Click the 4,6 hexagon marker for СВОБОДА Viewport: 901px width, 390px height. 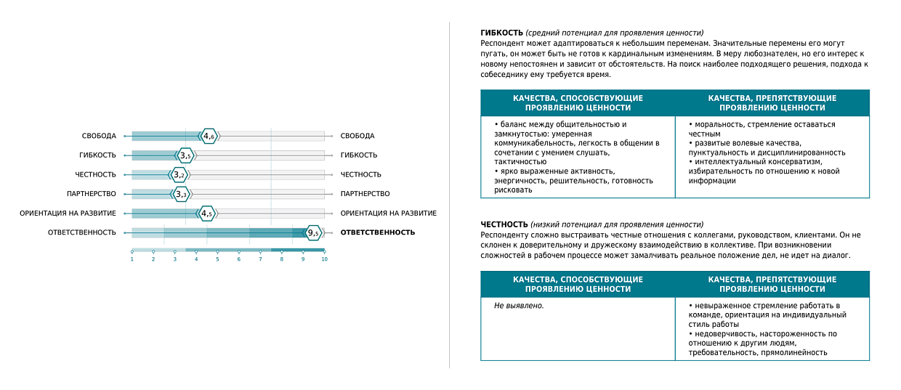click(209, 136)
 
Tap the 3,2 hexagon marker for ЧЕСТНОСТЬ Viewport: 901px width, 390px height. click(179, 174)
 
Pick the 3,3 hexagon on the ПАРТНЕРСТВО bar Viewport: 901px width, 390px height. click(181, 194)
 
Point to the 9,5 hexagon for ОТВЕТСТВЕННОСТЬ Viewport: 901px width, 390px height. click(313, 232)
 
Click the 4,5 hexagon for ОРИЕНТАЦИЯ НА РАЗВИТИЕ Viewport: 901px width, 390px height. click(208, 214)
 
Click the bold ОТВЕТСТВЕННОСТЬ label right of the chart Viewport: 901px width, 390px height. click(378, 232)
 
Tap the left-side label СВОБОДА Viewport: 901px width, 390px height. click(99, 136)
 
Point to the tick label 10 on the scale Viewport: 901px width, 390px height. click(324, 259)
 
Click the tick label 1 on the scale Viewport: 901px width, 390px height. click(132, 259)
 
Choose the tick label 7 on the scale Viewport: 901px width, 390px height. click(260, 259)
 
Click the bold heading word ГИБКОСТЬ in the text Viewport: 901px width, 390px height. click(501, 33)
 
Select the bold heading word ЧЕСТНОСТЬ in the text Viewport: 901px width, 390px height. click(504, 224)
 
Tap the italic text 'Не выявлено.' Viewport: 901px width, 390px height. click(519, 306)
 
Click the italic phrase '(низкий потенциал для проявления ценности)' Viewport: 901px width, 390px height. click(617, 224)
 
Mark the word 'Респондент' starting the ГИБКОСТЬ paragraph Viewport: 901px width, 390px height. click(501, 44)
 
